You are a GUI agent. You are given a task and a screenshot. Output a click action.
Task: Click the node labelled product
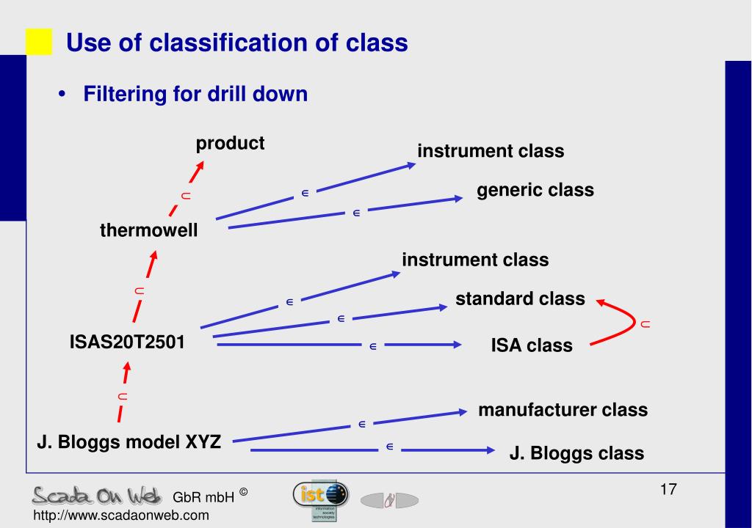click(x=230, y=143)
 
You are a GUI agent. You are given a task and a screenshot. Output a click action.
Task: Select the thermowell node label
click(x=149, y=231)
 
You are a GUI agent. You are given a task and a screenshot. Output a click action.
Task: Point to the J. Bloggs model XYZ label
click(x=129, y=442)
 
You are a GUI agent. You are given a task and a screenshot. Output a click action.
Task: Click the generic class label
click(x=535, y=191)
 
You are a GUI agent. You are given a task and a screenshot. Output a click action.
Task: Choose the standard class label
click(x=520, y=299)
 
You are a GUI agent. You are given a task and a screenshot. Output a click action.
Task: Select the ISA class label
click(x=532, y=345)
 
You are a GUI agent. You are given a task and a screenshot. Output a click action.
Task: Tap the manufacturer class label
click(x=563, y=410)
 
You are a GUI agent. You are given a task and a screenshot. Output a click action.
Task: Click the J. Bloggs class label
click(x=576, y=453)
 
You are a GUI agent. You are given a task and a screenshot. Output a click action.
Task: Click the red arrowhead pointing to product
click(x=198, y=169)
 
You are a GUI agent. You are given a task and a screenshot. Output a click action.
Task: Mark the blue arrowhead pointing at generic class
click(x=458, y=198)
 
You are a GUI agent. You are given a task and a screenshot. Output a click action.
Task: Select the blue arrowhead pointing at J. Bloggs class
click(x=488, y=450)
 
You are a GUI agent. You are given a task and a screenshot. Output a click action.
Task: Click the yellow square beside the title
click(x=39, y=43)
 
